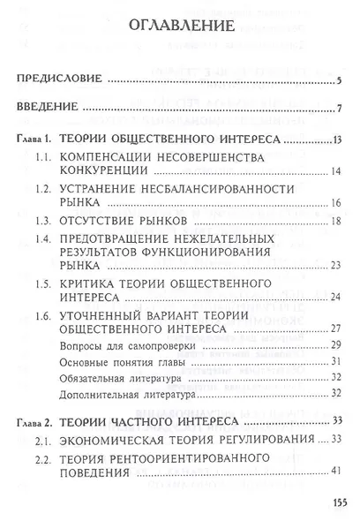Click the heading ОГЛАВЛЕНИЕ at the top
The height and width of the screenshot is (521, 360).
tap(180, 25)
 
